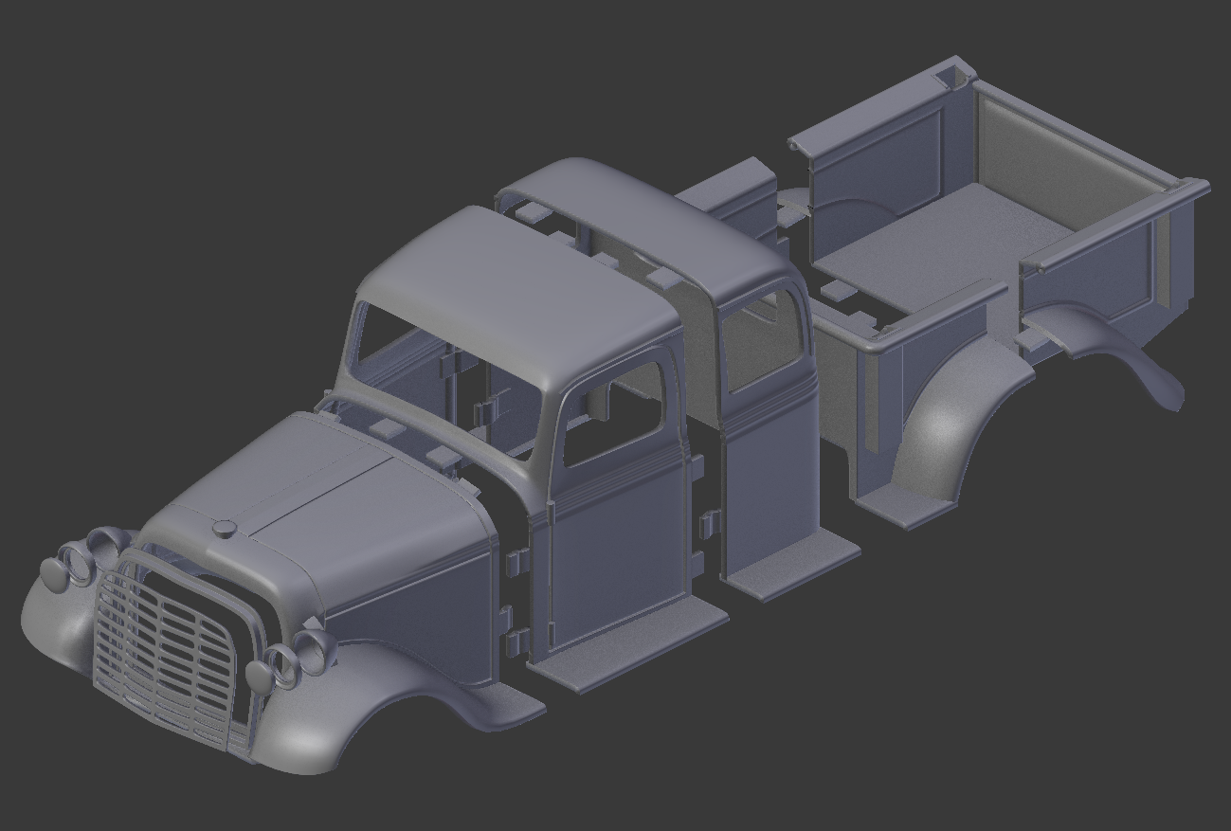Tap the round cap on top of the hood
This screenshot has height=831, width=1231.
[224, 529]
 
